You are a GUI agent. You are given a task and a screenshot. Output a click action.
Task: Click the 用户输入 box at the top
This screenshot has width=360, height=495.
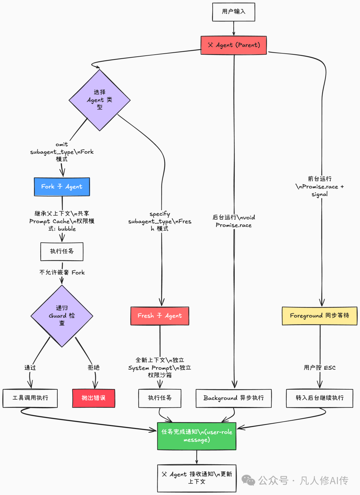(233, 12)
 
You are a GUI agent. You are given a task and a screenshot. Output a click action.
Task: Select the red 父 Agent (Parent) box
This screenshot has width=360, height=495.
(234, 45)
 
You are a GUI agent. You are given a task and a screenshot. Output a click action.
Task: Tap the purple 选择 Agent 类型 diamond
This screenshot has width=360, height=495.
(99, 100)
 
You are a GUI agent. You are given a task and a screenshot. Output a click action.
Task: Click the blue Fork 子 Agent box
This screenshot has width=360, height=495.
(62, 187)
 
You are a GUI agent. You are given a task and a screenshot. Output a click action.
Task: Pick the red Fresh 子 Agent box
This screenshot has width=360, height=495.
(160, 316)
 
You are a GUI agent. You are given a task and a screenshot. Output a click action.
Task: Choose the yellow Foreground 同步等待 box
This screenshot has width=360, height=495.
(319, 316)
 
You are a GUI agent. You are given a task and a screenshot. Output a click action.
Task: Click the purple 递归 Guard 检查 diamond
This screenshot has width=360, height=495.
(62, 316)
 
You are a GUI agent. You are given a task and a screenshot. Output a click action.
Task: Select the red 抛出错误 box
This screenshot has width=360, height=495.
(93, 398)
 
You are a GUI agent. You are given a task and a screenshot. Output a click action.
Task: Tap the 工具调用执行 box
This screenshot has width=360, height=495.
(30, 398)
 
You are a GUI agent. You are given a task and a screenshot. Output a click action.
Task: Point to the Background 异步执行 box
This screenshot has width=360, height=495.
(233, 398)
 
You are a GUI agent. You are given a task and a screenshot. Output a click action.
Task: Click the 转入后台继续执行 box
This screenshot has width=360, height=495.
(319, 398)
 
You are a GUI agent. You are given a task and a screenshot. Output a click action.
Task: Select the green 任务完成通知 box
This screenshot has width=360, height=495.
(197, 436)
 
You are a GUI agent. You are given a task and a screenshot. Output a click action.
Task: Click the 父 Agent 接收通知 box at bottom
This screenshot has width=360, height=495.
(197, 478)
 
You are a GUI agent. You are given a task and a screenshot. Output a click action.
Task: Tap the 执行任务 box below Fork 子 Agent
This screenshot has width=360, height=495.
(62, 251)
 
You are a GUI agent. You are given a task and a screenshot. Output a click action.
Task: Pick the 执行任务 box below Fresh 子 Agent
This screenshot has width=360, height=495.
(160, 398)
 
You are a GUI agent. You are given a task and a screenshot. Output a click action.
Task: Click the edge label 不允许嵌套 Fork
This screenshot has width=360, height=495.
(62, 272)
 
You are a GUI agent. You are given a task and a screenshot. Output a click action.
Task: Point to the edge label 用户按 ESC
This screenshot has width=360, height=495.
(319, 368)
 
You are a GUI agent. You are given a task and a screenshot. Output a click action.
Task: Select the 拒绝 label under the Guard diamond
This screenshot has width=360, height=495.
(93, 367)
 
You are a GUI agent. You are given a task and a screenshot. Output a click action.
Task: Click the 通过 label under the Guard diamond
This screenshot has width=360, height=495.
(30, 368)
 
